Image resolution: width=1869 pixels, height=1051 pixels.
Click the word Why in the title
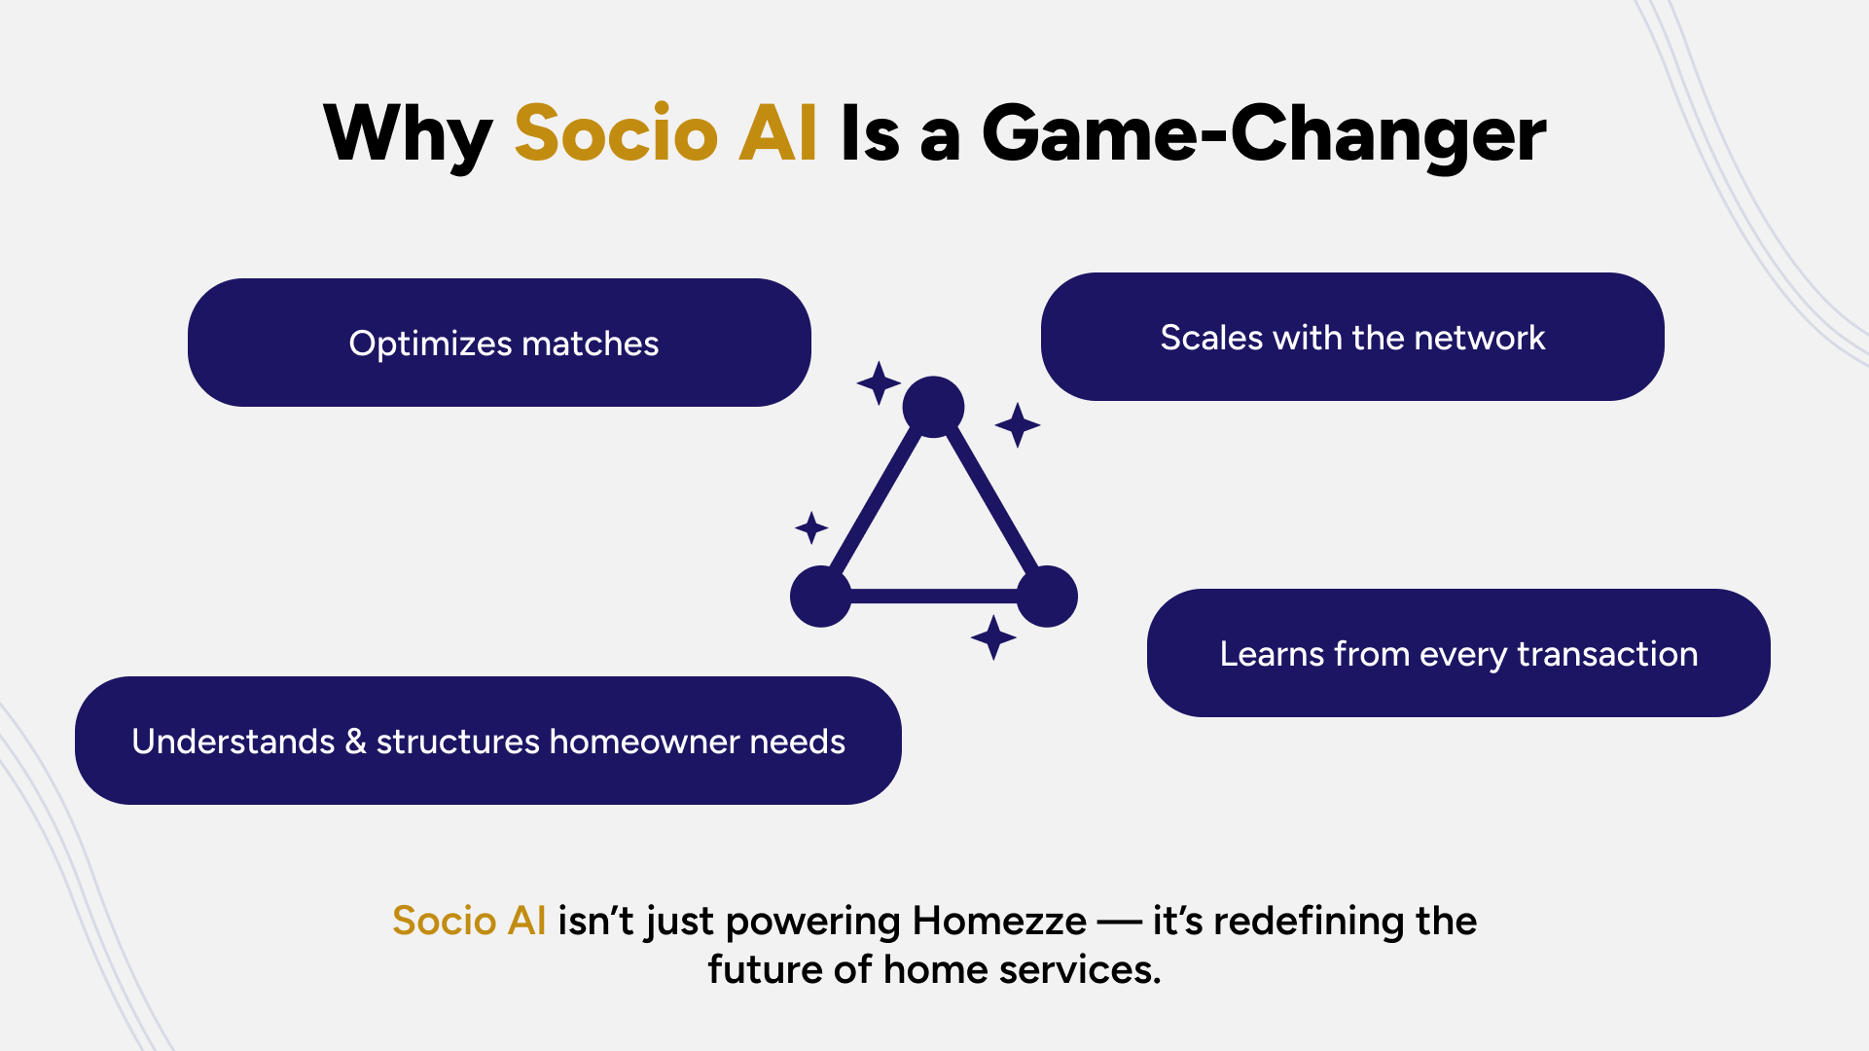(408, 134)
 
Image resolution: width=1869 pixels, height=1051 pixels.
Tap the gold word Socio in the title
(616, 132)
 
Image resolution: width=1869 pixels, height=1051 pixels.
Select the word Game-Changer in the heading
(1264, 134)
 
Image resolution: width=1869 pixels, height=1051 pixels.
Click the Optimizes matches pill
(499, 343)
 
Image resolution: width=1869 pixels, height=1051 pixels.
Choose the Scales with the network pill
(1352, 337)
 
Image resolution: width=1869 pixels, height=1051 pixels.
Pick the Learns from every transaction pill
(1458, 653)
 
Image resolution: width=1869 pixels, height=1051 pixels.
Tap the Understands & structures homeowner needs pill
(488, 741)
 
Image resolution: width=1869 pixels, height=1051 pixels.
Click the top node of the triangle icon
(933, 407)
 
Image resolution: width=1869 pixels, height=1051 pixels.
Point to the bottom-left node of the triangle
(821, 597)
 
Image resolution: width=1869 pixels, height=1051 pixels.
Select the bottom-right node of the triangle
(1047, 597)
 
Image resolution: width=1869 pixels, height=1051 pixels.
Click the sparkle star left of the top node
(879, 383)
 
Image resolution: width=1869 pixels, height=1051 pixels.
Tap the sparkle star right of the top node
(1018, 425)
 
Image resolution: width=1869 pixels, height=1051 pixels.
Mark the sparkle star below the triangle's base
(993, 637)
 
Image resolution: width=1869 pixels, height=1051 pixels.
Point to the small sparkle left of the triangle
(811, 528)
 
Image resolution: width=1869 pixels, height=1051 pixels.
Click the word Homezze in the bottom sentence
(999, 921)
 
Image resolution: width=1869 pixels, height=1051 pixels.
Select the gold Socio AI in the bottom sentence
(469, 921)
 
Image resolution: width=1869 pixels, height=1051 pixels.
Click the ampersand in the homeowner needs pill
(355, 742)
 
